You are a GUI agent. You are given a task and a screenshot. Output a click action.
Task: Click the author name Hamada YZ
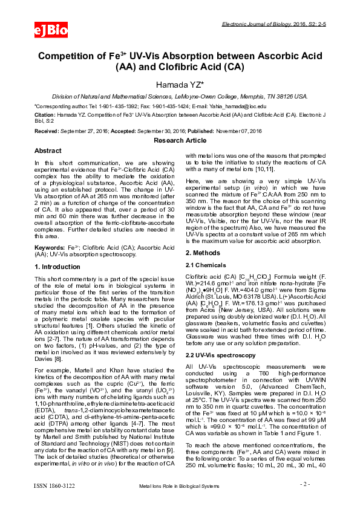(x=180, y=84)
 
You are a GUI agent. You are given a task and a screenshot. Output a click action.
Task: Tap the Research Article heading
(x=180, y=140)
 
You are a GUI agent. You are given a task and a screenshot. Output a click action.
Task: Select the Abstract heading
(x=48, y=150)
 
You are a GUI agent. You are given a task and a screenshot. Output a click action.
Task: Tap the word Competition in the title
(x=69, y=56)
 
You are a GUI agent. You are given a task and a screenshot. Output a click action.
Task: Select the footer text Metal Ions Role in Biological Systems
(x=180, y=502)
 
